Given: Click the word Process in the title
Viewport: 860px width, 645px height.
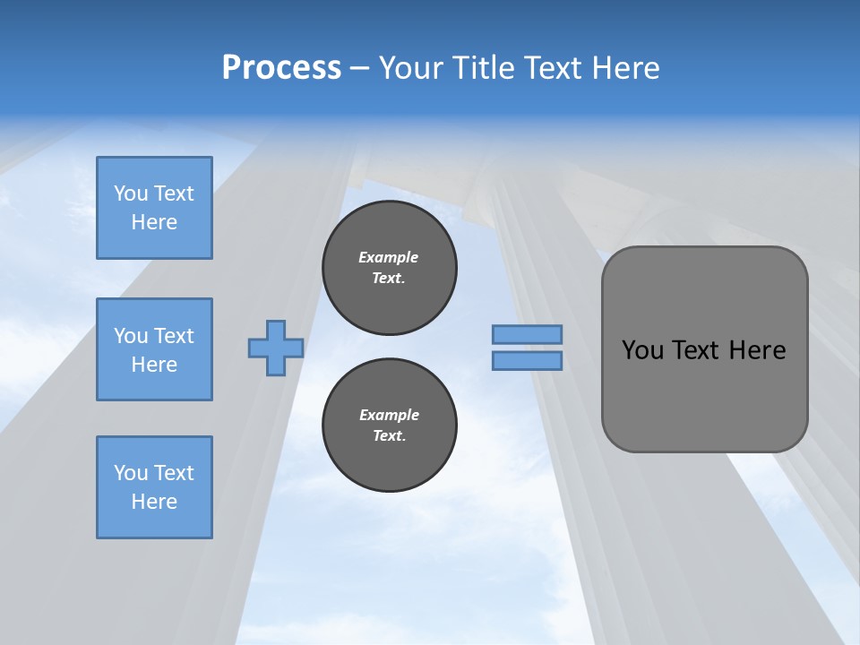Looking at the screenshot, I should coord(281,68).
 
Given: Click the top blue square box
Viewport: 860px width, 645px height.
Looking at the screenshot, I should coord(154,208).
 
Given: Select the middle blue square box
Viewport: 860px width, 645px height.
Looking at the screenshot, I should coord(154,349).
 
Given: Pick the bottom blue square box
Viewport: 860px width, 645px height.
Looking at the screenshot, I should coord(154,487).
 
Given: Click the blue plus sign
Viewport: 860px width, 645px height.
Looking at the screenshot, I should coord(276,348).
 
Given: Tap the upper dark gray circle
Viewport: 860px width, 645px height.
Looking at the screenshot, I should coord(390,268).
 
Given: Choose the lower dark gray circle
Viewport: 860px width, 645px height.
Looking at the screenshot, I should coord(390,426).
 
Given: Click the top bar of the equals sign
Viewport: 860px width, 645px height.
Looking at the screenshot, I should coord(527,335).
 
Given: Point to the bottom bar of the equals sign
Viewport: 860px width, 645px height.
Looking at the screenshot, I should coord(527,361).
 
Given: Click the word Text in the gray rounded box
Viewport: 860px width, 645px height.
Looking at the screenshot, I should coord(696,350).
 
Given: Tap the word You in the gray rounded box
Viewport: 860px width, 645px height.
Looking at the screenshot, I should coord(642,350).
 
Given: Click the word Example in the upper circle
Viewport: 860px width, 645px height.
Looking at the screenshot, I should coord(389,257).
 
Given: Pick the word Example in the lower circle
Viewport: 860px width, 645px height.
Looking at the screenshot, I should coord(389,415).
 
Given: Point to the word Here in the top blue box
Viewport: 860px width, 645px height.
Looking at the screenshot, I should coord(154,222).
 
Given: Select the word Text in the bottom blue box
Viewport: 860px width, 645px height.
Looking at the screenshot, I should coord(174,473).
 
